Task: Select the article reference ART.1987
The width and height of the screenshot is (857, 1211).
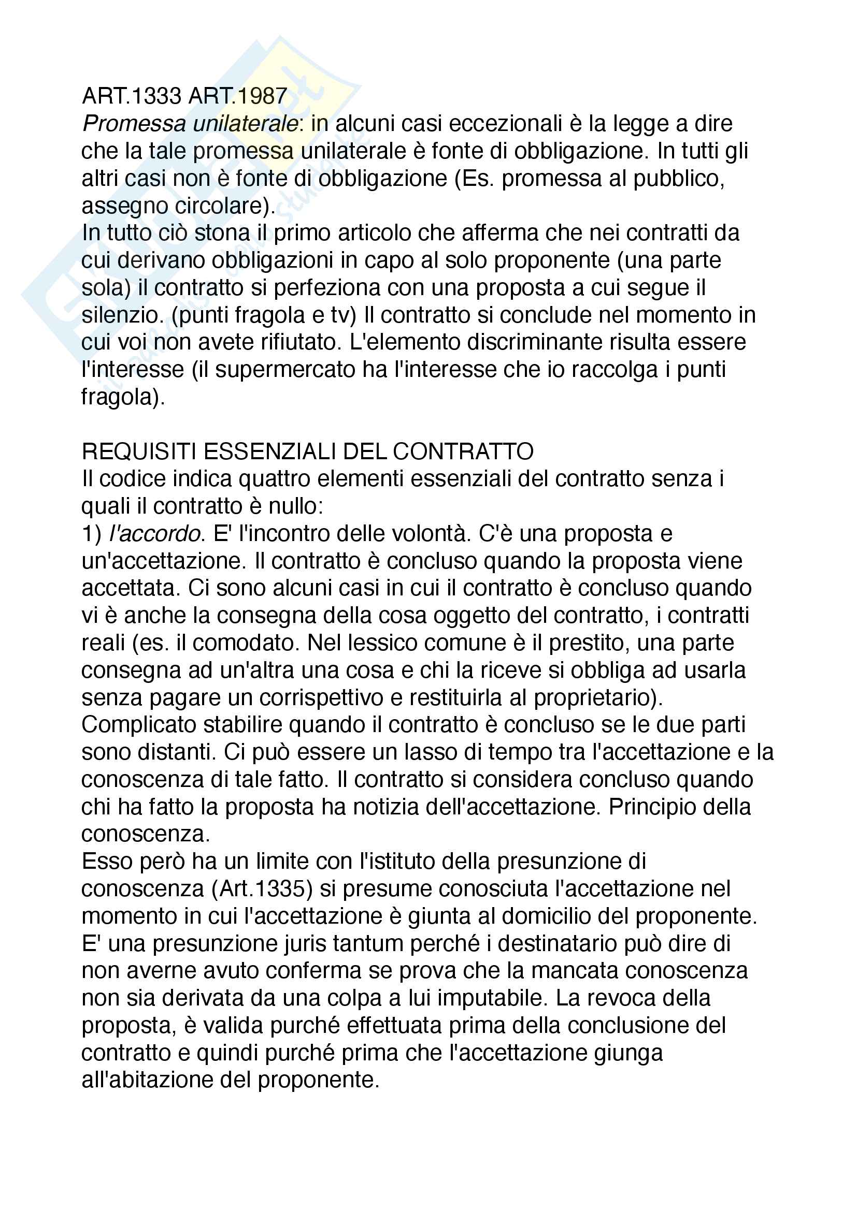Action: pyautogui.click(x=238, y=96)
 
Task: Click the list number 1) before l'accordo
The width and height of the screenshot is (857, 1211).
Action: pyautogui.click(x=92, y=534)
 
